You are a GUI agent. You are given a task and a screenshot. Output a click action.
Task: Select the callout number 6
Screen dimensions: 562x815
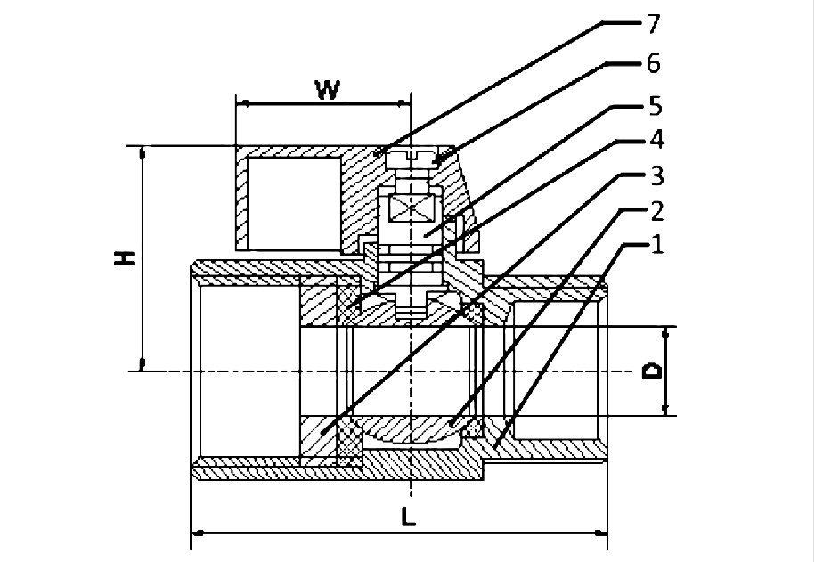tap(655, 64)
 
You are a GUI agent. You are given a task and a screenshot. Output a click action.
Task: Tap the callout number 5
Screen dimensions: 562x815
tap(655, 106)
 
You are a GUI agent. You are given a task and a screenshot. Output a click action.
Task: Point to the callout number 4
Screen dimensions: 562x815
tap(655, 140)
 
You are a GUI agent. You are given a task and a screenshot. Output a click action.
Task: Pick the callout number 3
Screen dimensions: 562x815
tap(655, 175)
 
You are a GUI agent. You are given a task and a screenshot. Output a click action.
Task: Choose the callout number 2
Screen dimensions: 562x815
tap(655, 211)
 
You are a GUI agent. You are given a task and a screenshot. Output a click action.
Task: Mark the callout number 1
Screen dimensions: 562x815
tap(655, 244)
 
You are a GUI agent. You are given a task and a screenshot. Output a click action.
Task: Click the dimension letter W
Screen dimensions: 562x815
tap(327, 90)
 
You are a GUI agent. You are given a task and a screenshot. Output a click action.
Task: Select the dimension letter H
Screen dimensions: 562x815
tap(127, 258)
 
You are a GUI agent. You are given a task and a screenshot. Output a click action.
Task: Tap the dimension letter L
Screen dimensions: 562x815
tap(407, 517)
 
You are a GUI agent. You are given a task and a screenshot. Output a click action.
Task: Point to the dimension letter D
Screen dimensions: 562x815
tap(653, 371)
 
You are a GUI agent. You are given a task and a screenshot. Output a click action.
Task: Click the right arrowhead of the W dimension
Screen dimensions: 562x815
tap(404, 103)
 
